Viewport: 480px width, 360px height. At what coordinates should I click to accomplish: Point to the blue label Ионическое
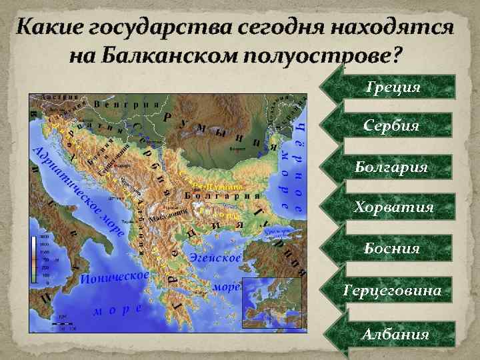(x=113, y=277)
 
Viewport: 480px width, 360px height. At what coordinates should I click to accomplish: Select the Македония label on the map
(x=167, y=218)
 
